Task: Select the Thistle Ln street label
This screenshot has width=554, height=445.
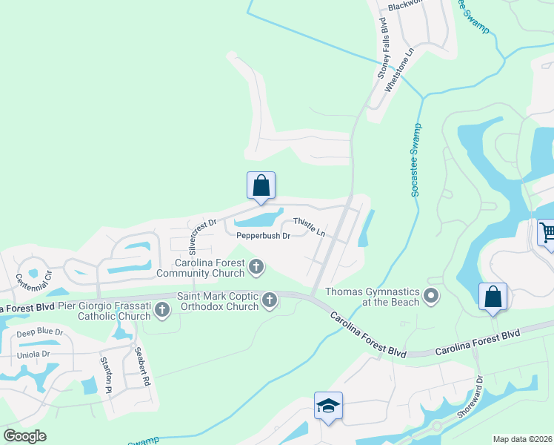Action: (309, 227)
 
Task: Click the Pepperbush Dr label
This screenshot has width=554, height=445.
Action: (262, 236)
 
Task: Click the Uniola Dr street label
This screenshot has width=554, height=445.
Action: (35, 354)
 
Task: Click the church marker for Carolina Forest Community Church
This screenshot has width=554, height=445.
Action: (256, 266)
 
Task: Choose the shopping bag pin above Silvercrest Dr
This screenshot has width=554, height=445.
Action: (261, 186)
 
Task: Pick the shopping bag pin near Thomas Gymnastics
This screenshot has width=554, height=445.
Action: (493, 297)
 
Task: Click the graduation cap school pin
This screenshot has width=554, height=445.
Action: (328, 406)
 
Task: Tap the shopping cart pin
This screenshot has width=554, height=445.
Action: (547, 233)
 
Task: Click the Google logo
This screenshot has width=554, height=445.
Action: (24, 436)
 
